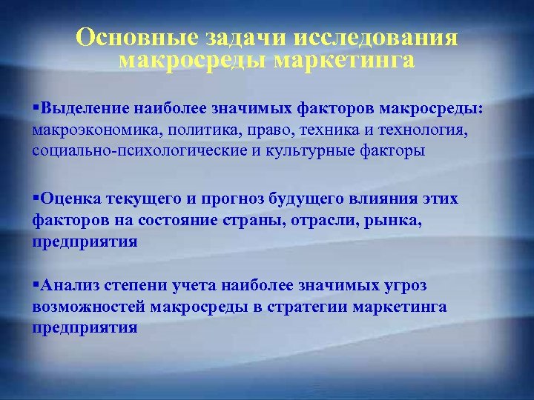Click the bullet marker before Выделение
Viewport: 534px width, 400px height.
[36, 109]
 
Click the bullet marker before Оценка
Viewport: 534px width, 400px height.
[36, 199]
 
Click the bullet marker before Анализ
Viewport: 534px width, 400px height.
[36, 284]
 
